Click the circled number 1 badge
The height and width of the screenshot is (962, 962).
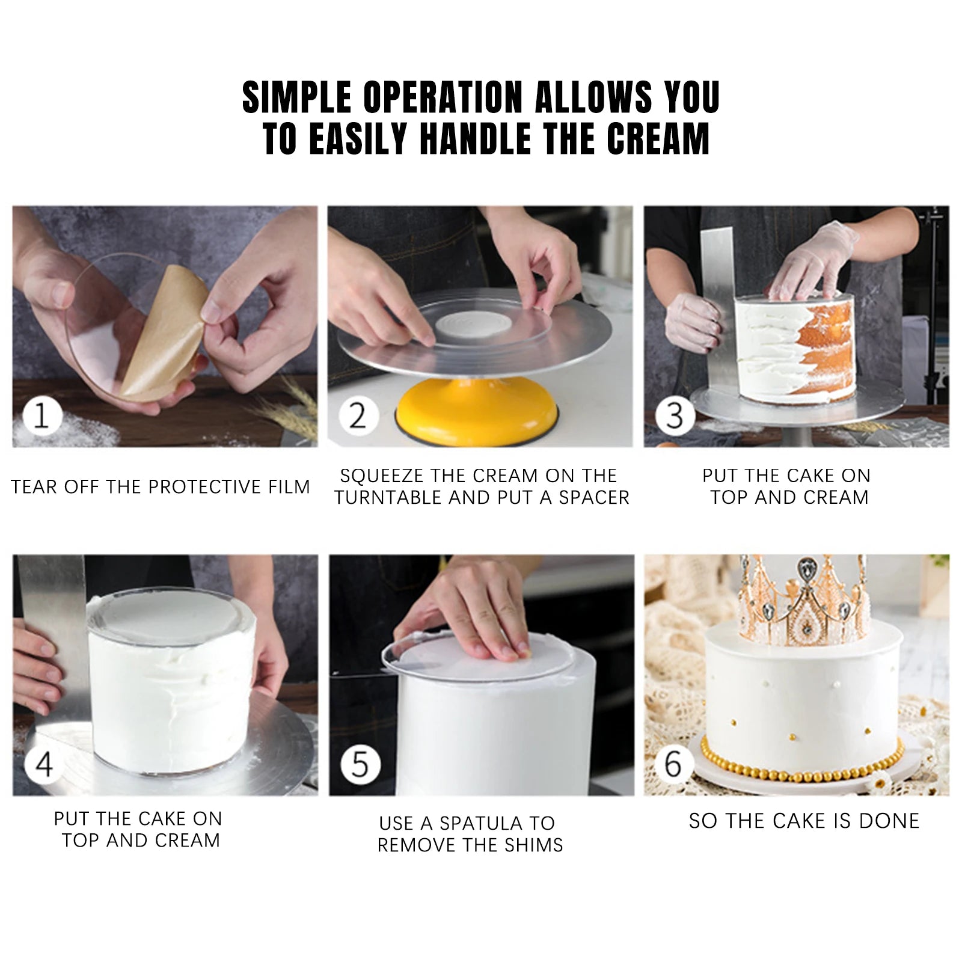coord(41,415)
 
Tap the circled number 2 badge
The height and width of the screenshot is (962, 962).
coord(357,415)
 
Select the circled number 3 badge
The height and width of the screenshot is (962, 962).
coord(674,415)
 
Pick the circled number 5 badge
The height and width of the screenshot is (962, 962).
coord(360,765)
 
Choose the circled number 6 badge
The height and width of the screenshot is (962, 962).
coord(674,765)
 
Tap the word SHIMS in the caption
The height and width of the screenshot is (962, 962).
coord(534,845)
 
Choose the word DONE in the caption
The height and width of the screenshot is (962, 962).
coord(890,821)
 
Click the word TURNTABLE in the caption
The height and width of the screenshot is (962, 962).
coord(388,497)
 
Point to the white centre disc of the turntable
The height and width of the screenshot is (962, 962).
coord(471,328)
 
